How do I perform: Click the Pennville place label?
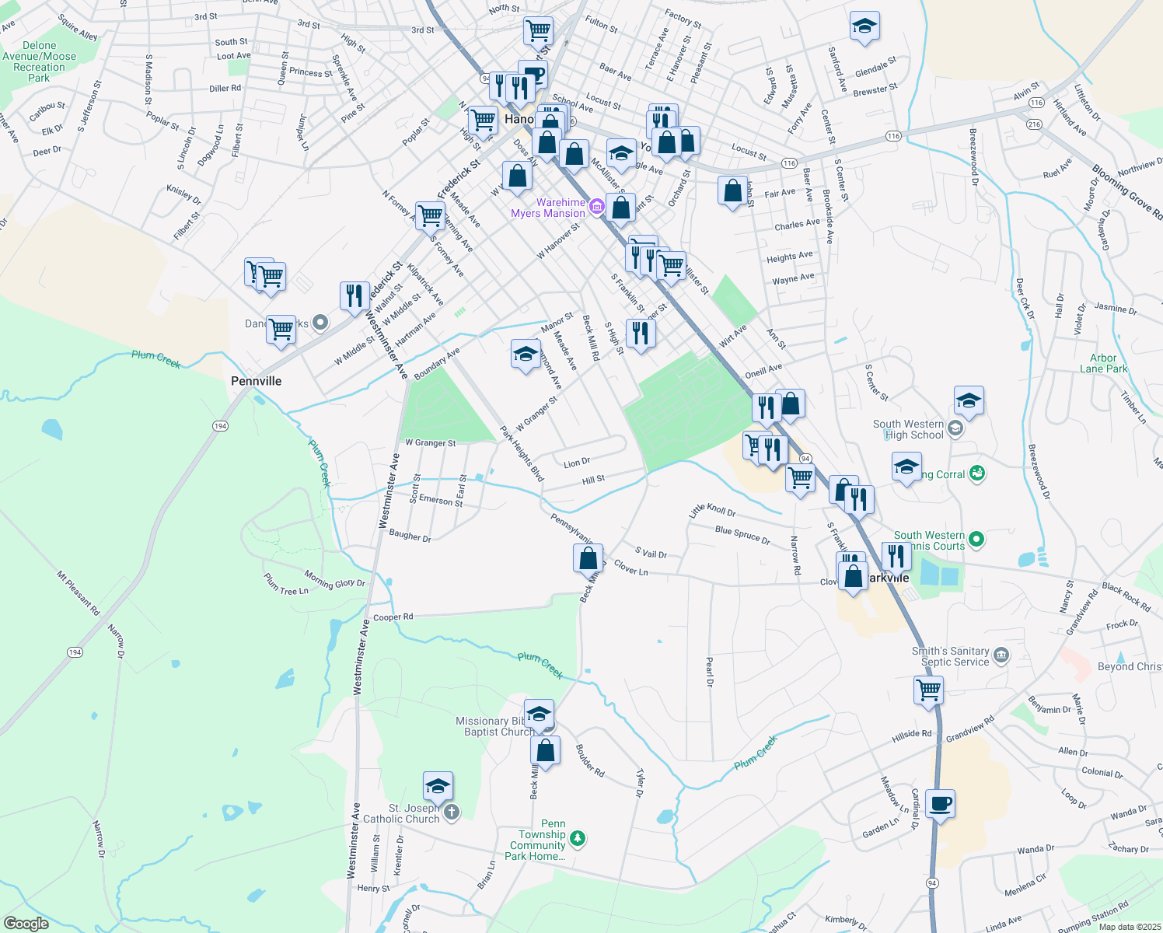[257, 381]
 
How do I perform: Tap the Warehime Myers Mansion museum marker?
[596, 206]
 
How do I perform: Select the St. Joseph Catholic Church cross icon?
[451, 812]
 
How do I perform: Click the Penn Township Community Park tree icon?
[577, 838]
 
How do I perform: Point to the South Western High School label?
[908, 429]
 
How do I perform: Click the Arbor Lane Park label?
[1103, 364]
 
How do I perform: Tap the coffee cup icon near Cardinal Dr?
[940, 804]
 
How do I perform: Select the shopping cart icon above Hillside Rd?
[928, 689]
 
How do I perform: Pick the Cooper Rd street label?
[393, 617]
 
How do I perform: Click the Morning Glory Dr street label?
[334, 579]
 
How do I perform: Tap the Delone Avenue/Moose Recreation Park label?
[39, 61]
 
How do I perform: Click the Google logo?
[26, 924]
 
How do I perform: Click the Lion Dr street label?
[577, 463]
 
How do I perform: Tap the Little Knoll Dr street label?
[712, 510]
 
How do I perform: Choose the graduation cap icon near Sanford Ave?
[864, 27]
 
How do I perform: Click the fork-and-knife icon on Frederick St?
[354, 296]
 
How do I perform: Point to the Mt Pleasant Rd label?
[79, 593]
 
